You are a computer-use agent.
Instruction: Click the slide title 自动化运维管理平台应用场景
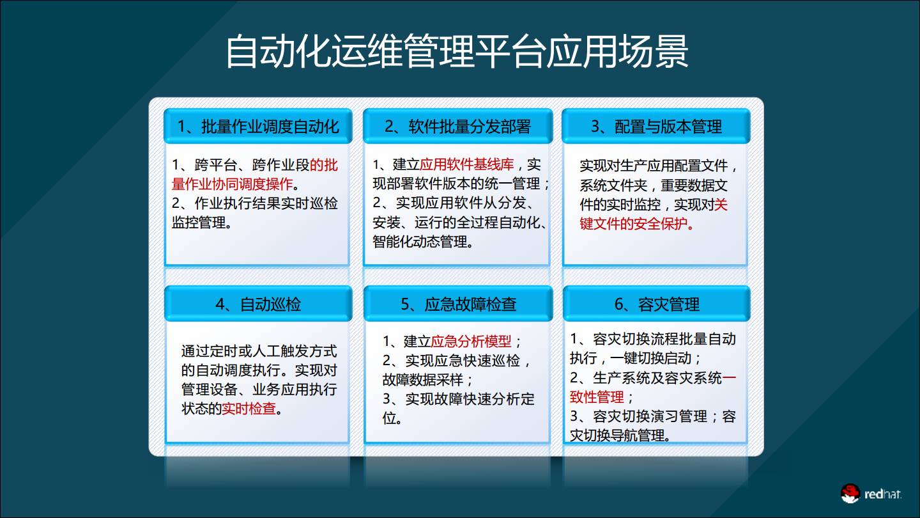pyautogui.click(x=457, y=52)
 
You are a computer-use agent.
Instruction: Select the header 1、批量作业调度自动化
pyautogui.click(x=257, y=126)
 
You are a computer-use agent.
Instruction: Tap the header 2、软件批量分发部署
pyautogui.click(x=457, y=126)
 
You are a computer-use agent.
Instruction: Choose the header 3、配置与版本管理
pyautogui.click(x=656, y=126)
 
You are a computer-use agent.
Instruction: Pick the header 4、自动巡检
pyautogui.click(x=257, y=304)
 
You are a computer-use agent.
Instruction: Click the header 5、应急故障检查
pyautogui.click(x=458, y=304)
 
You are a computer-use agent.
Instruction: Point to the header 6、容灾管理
pyautogui.click(x=656, y=304)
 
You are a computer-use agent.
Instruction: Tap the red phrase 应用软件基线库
pyautogui.click(x=467, y=165)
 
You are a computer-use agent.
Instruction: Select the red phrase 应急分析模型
pyautogui.click(x=471, y=341)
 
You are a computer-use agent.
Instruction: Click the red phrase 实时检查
pyautogui.click(x=249, y=409)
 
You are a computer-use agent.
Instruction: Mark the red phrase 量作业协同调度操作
pyautogui.click(x=232, y=185)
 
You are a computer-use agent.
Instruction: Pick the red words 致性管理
pyautogui.click(x=597, y=397)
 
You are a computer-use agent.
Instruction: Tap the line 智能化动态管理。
pyautogui.click(x=423, y=242)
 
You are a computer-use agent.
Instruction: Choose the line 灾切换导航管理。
pyautogui.click(x=620, y=436)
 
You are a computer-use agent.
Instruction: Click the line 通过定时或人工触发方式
pyautogui.click(x=259, y=351)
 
